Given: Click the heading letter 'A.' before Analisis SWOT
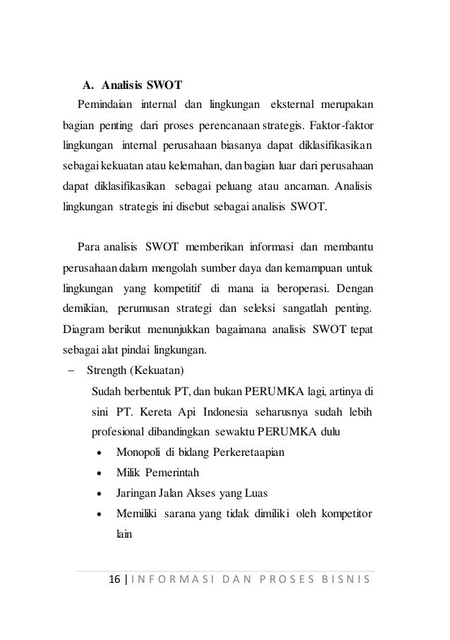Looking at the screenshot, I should click(x=88, y=87).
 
